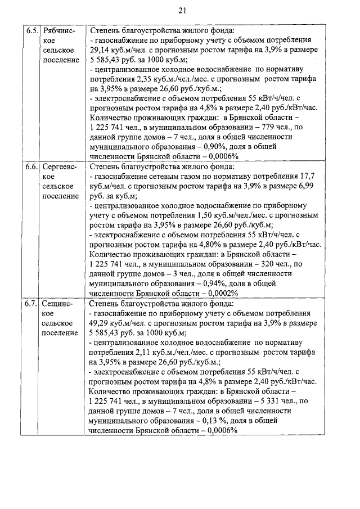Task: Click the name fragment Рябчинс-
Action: tap(61, 30)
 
